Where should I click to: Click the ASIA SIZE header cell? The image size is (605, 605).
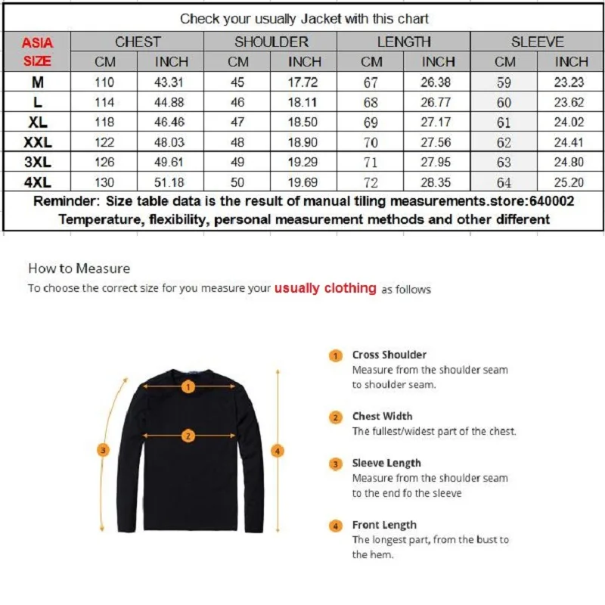[37, 51]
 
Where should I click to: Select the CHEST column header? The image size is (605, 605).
[138, 42]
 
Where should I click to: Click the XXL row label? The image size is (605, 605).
[37, 141]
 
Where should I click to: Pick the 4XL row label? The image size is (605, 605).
[37, 181]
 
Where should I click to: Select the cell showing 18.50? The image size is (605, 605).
[304, 122]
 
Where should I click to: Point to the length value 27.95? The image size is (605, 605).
[438, 162]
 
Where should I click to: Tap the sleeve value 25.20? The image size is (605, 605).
[571, 181]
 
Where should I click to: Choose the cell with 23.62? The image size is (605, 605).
[571, 102]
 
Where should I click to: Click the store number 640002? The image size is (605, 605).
[553, 201]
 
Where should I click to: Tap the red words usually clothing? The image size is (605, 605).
[324, 288]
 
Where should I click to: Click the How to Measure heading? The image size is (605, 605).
[79, 268]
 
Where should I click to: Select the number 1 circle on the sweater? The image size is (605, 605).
[188, 386]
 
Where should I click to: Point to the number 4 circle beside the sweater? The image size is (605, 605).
[278, 451]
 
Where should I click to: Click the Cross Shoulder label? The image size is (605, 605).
[389, 355]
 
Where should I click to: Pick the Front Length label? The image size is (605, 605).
[383, 525]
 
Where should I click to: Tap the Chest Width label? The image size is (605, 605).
[382, 416]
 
